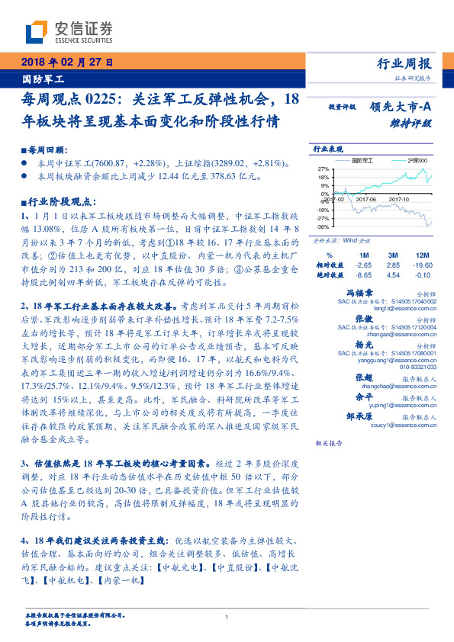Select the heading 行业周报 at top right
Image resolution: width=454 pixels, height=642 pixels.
(404, 63)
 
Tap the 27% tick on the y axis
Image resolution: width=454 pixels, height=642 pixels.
(324, 169)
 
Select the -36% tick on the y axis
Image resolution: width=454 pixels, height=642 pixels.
(323, 226)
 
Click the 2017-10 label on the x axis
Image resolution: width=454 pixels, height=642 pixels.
(400, 197)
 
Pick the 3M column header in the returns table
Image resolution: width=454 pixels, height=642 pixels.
(394, 255)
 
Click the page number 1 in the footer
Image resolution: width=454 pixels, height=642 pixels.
(227, 617)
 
